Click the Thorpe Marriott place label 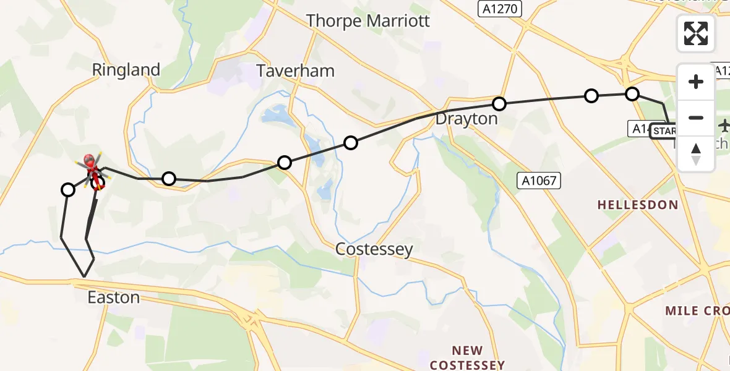coord(368,20)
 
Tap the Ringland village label coord(126,70)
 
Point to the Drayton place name coord(466,119)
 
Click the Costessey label coord(374,249)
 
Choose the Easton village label coord(113,297)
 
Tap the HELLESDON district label coord(637,205)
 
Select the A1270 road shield coord(500,9)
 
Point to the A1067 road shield coord(539,181)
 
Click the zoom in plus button coord(696,82)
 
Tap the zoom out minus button coord(696,117)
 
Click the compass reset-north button coord(696,153)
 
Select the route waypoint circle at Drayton coord(499,103)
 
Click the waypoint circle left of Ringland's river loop coord(169,179)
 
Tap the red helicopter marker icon coord(90,163)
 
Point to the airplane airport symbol coord(724,126)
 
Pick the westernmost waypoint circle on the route coord(68,190)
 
